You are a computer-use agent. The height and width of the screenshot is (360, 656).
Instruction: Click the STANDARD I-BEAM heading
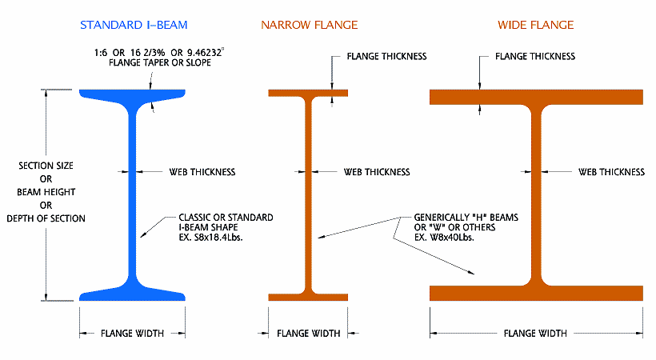pyautogui.click(x=133, y=26)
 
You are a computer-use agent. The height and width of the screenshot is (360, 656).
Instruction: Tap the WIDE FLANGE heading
pyautogui.click(x=535, y=26)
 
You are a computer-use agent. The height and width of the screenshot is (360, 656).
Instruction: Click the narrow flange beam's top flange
pyautogui.click(x=308, y=93)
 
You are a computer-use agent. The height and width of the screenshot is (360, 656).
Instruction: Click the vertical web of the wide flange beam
pyautogui.click(x=537, y=192)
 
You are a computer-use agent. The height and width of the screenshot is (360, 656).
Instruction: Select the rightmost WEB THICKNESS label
pyautogui.click(x=611, y=172)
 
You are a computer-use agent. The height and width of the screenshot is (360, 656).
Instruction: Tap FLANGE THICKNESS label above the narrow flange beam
pyautogui.click(x=386, y=57)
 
